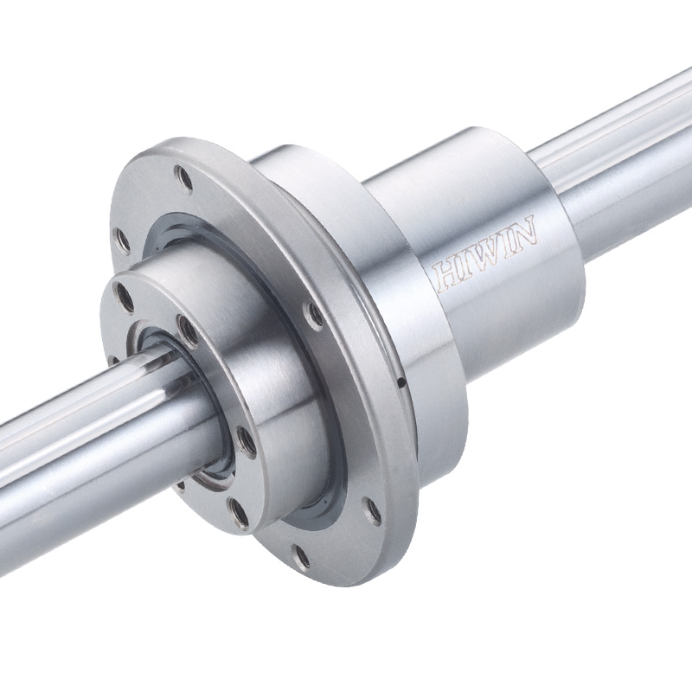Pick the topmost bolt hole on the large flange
pyautogui.click(x=183, y=177)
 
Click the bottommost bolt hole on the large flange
pyautogui.click(x=301, y=557)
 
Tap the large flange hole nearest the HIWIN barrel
pyautogui.click(x=316, y=314)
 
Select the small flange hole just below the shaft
pyautogui.click(x=247, y=442)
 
